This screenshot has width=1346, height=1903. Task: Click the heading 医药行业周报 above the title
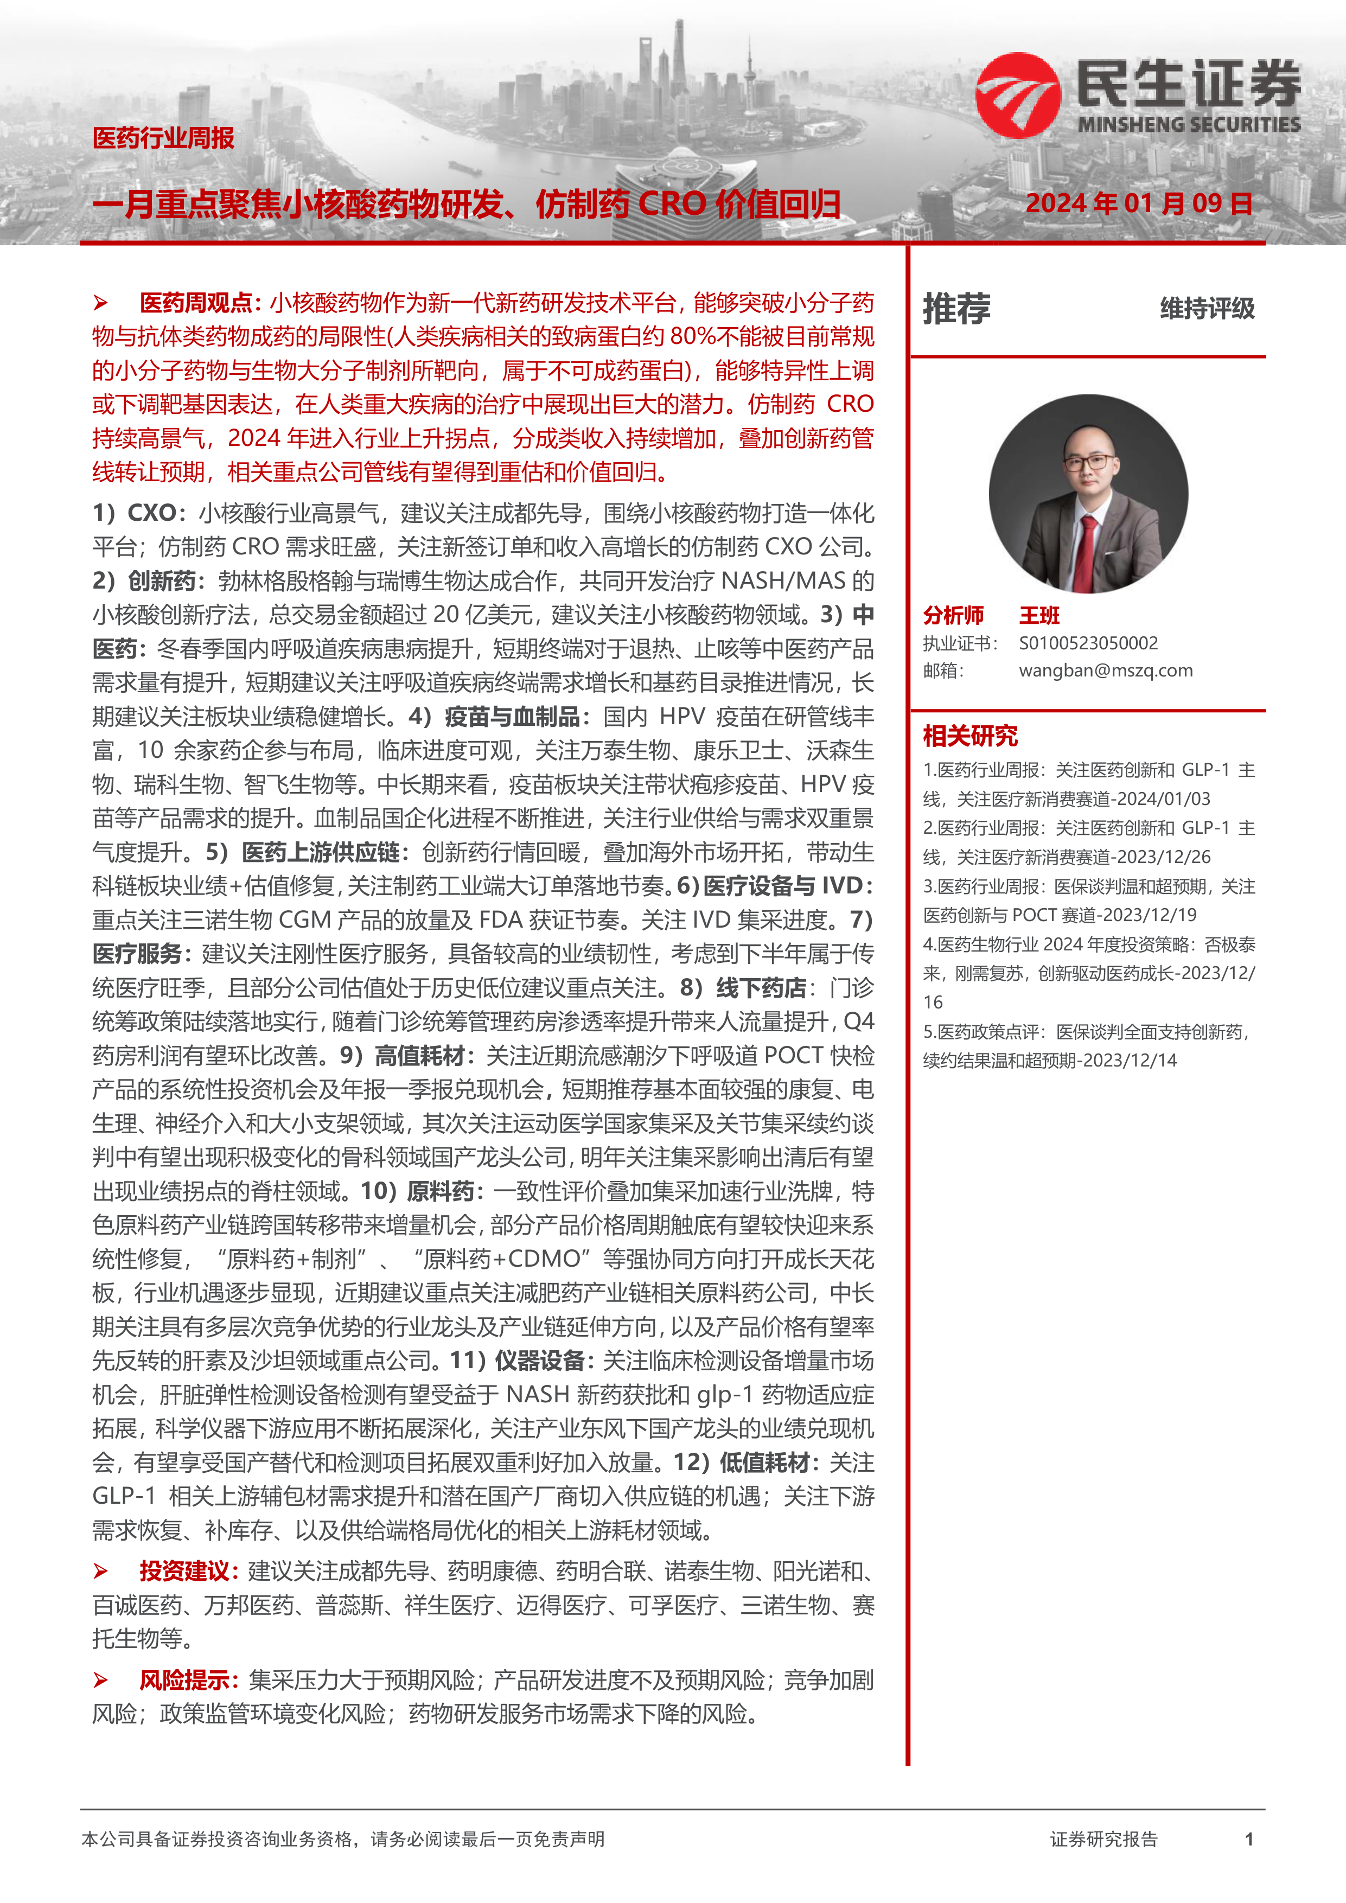(x=163, y=138)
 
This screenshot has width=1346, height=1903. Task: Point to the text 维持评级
(x=1207, y=308)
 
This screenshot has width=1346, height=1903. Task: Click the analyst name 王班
(x=1039, y=615)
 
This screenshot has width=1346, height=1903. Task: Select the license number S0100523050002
(x=1088, y=643)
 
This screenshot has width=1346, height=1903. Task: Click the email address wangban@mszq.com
(x=1106, y=670)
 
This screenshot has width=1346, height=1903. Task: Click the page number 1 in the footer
(x=1249, y=1839)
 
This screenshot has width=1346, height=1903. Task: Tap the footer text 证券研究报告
(x=1103, y=1839)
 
